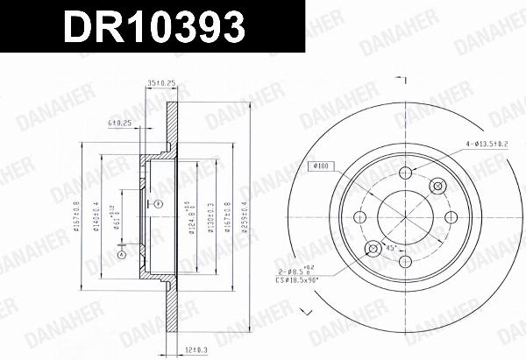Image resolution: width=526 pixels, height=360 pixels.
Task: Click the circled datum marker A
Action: pyautogui.click(x=121, y=255)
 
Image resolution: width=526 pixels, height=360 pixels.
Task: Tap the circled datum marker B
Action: pyautogui.click(x=158, y=203)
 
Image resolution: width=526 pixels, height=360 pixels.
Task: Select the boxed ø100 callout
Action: pyautogui.click(x=320, y=165)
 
